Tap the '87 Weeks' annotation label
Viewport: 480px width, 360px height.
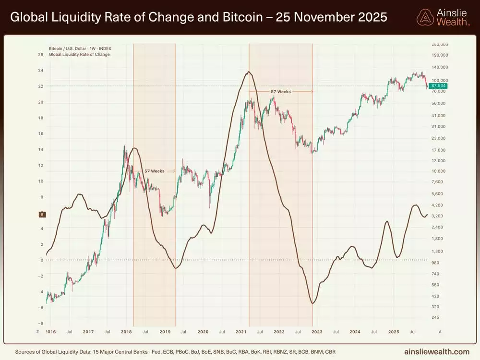pos(280,91)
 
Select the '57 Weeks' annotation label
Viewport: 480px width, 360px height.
pos(154,171)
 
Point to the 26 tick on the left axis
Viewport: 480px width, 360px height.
pos(40,54)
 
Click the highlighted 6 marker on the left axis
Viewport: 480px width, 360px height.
pos(42,215)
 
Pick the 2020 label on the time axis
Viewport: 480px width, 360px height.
pos(203,332)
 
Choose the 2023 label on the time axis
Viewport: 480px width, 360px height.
pos(317,332)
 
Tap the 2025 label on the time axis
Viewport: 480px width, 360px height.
pos(394,332)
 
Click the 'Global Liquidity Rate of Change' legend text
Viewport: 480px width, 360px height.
pos(79,54)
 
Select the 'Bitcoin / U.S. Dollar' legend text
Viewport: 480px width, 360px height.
pos(67,48)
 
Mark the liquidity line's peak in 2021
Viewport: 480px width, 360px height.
pos(248,72)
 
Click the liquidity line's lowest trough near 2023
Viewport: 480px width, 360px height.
pos(312,303)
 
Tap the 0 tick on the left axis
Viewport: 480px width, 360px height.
pos(42,260)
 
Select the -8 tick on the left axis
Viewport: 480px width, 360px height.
pos(40,323)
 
